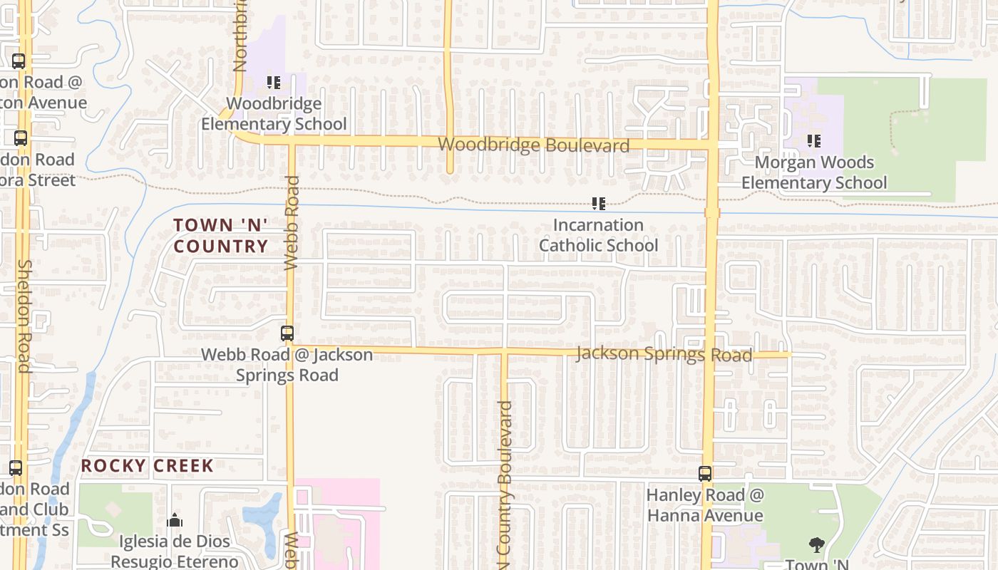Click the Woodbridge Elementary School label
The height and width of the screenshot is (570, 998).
point(274,114)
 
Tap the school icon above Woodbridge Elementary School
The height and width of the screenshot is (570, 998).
point(274,83)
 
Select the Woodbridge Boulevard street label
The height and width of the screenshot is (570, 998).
point(533,145)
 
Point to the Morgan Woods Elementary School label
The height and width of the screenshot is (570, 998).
point(814,172)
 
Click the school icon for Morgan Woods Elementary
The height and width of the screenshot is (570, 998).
point(813,141)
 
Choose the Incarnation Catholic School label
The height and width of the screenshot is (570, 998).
point(598,235)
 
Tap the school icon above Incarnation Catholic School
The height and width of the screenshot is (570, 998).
point(599,204)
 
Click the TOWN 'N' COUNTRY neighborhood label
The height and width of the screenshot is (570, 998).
point(221,236)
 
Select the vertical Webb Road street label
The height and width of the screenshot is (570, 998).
point(292,223)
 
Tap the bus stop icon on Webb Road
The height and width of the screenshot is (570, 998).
point(287,333)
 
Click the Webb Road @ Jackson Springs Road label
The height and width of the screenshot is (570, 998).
point(287,364)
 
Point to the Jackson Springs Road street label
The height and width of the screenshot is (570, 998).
point(664,353)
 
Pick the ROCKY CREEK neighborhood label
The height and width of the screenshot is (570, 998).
point(147,466)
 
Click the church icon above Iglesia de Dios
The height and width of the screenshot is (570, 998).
point(175,520)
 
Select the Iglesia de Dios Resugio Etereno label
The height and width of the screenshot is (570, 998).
point(175,551)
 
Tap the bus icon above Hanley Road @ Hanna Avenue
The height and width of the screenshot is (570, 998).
point(705,474)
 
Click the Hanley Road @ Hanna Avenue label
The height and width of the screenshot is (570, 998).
point(705,505)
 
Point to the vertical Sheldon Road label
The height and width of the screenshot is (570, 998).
point(24,316)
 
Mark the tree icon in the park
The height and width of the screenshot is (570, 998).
point(817,546)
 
